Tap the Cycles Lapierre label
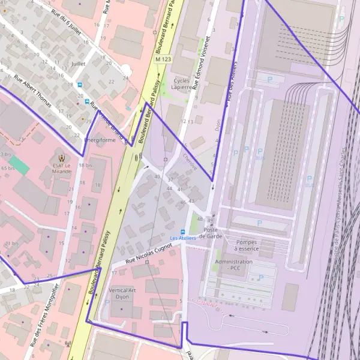[x=183, y=83]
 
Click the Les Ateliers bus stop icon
[x=184, y=232]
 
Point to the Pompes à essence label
[x=247, y=245]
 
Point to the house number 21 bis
[x=11, y=243]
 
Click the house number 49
[x=209, y=219]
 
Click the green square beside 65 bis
[x=19, y=165]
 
